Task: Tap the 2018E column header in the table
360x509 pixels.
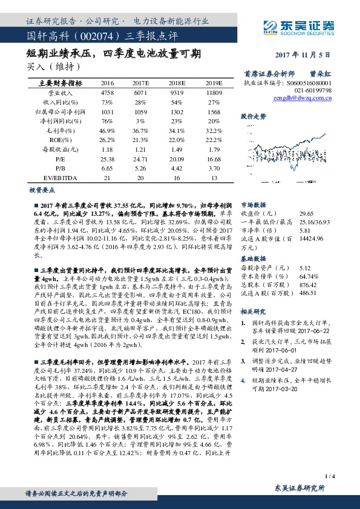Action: click(x=177, y=83)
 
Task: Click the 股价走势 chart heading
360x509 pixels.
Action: click(x=254, y=115)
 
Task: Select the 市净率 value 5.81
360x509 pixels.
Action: click(x=304, y=230)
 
